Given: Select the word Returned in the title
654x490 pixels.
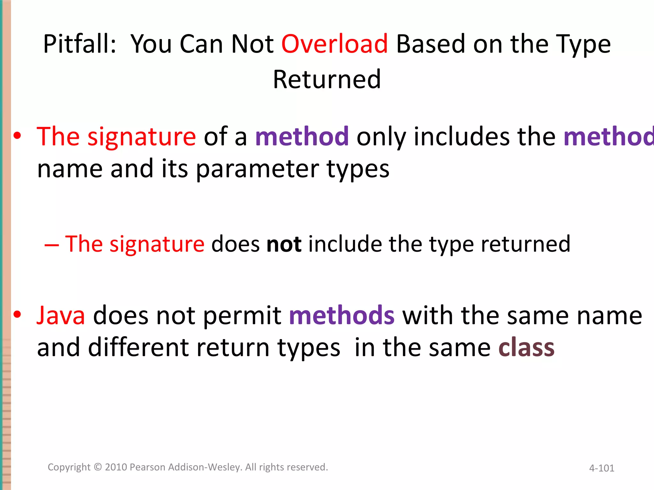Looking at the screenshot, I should coord(327,79).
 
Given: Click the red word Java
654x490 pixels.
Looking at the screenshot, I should coord(61,316).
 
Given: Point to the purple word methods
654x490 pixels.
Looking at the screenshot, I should coord(342,316).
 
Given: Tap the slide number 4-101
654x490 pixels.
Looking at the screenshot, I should coord(602,468).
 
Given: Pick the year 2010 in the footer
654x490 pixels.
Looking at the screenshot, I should coord(117,467).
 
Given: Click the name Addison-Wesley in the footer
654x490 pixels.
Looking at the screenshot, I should coord(205,467).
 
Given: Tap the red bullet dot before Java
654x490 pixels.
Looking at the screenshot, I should coord(17,315).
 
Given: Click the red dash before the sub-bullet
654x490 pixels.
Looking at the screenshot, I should coord(51,245).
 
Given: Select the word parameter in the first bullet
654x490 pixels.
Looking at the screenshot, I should coord(257,169).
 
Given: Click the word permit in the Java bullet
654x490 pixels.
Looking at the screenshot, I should coord(242,316).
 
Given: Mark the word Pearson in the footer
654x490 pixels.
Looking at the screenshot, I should coord(148,467).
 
